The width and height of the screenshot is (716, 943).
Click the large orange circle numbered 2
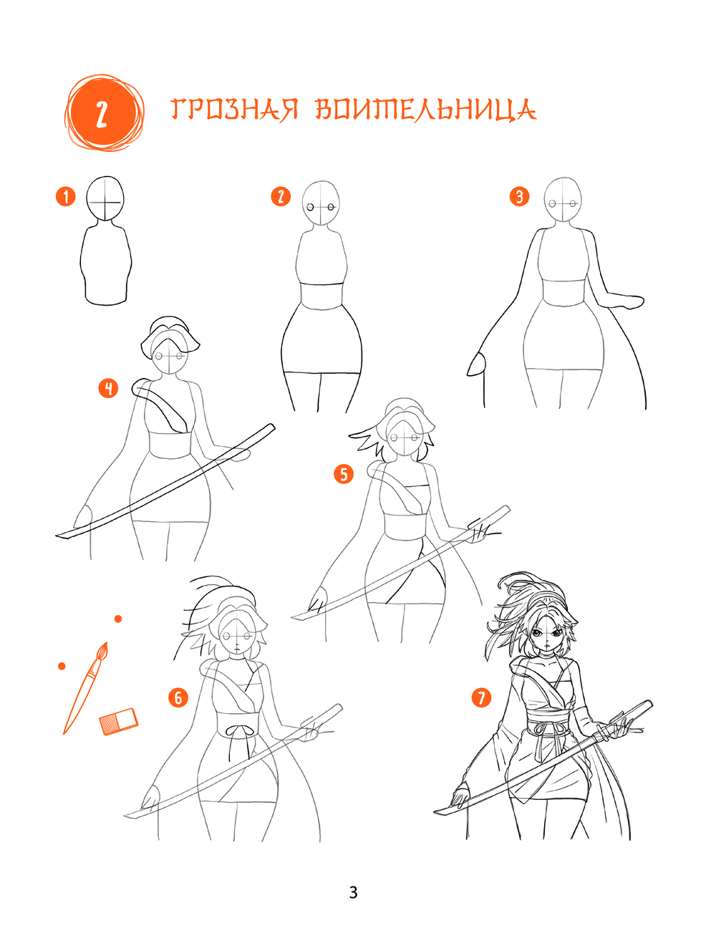point(104,113)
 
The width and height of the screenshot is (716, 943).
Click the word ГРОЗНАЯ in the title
point(234,110)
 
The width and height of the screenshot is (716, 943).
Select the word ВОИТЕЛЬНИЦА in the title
point(426,111)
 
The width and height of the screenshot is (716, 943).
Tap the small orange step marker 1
point(66,197)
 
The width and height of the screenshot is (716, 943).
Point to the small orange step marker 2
point(281,197)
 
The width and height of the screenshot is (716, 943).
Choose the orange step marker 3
point(519,197)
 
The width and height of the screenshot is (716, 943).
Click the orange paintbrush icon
point(85,688)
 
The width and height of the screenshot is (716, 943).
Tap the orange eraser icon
point(119,722)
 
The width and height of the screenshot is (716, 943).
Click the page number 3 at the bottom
point(353,893)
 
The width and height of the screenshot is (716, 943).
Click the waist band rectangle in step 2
point(321,296)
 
